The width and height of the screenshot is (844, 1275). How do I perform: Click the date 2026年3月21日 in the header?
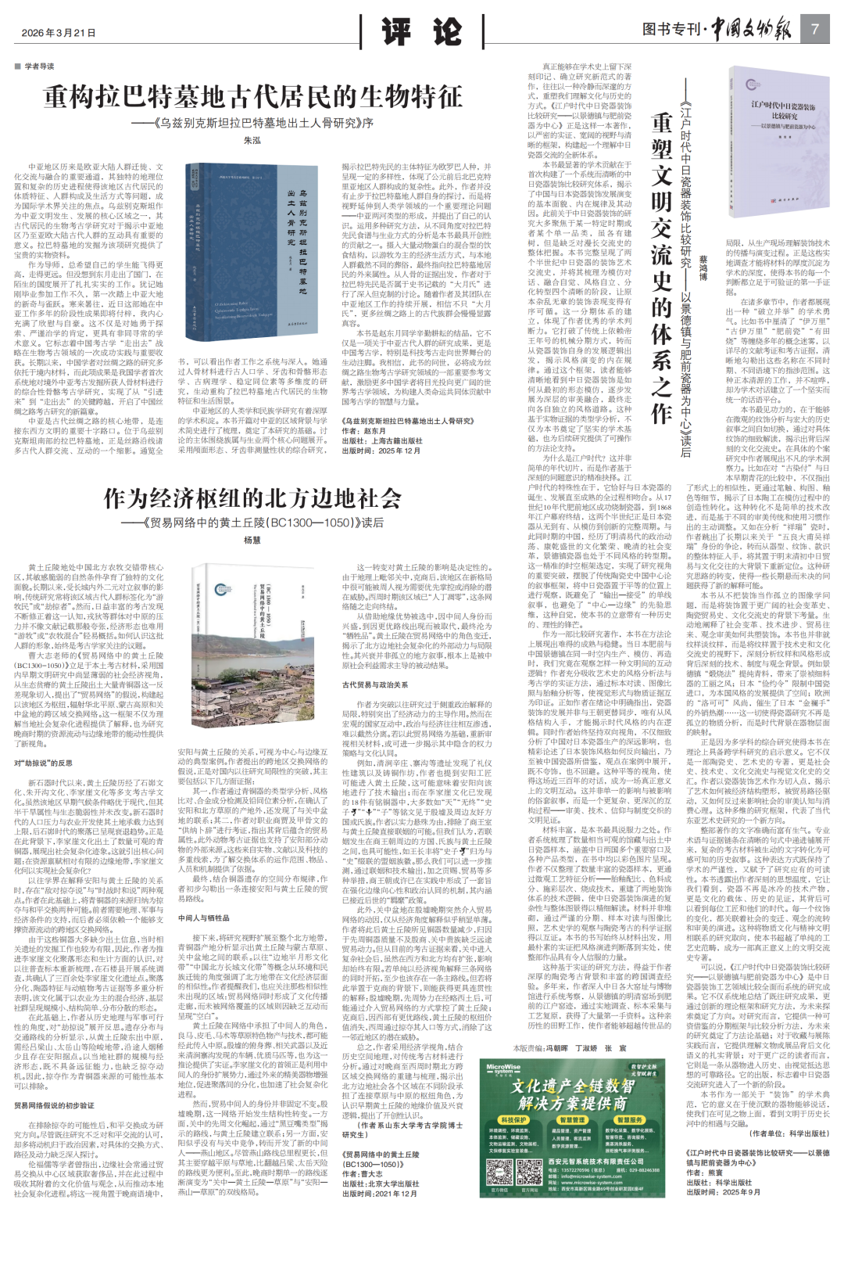[x=59, y=33]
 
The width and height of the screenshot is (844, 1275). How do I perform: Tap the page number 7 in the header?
[x=815, y=30]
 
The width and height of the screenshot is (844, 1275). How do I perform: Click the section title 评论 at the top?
[x=422, y=32]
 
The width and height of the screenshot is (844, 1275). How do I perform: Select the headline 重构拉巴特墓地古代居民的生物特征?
[x=252, y=98]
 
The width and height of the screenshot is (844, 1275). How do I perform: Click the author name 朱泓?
[x=252, y=141]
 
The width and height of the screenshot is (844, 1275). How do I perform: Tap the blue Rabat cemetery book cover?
[x=251, y=252]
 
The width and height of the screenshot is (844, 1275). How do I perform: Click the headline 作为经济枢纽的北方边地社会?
[x=252, y=499]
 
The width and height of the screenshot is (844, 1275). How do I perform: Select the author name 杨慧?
[x=252, y=540]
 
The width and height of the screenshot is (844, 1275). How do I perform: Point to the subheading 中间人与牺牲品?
[x=205, y=918]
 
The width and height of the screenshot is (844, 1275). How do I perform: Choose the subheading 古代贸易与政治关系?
[x=375, y=684]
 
